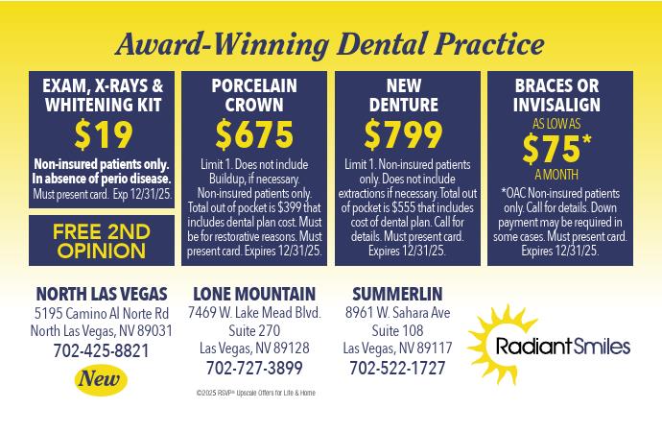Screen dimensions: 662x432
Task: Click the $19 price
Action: (x=104, y=135)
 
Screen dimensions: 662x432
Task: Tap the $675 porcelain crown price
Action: (x=254, y=134)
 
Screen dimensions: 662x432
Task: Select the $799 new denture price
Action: (x=403, y=134)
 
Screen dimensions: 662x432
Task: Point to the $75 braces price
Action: (x=556, y=149)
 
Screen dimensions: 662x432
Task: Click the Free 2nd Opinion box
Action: (x=102, y=241)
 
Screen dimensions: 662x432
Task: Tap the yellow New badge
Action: (x=101, y=379)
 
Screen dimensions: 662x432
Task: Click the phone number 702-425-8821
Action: (x=102, y=351)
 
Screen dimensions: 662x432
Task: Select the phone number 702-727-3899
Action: (x=254, y=368)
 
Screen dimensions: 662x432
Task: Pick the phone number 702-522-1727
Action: (x=397, y=368)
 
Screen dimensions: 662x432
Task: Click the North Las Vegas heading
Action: (x=102, y=294)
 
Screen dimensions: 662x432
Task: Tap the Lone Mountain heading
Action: (x=254, y=294)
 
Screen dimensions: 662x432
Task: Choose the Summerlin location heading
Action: (x=397, y=294)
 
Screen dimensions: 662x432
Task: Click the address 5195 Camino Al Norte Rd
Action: (x=102, y=313)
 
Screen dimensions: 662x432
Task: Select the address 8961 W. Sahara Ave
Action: (x=398, y=313)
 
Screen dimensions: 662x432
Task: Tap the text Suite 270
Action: (x=254, y=330)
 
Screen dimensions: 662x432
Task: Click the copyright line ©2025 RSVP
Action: (x=256, y=393)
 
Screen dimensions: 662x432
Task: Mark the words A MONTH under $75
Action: (x=556, y=175)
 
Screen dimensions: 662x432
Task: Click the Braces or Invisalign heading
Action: (x=556, y=95)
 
